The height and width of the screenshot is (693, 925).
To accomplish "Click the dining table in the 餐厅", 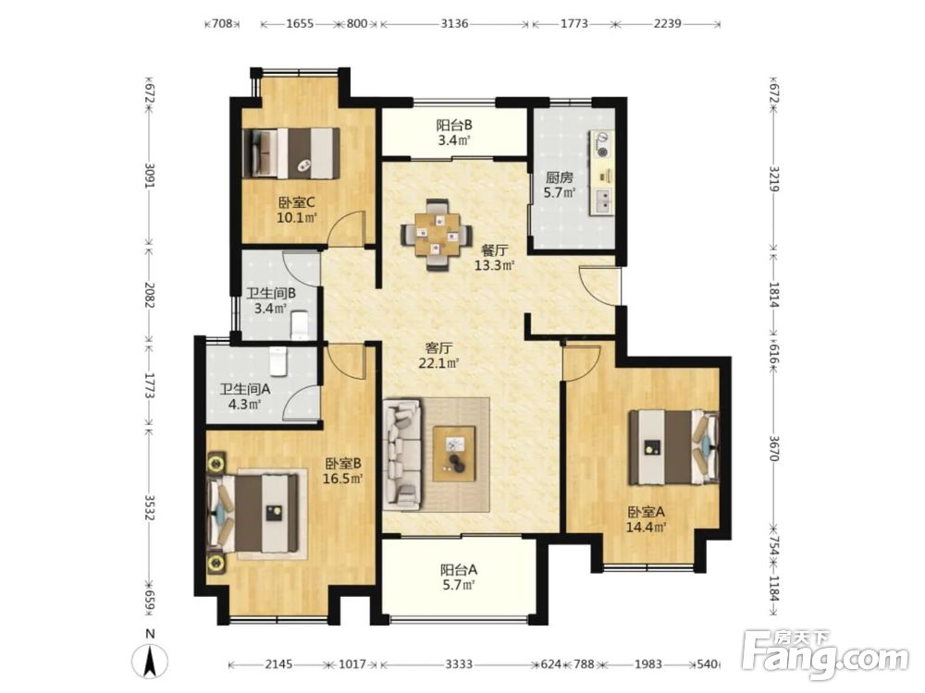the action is [x=438, y=235].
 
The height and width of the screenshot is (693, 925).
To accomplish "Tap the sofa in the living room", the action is [x=403, y=454].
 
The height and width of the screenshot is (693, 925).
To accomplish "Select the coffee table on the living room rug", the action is [x=453, y=453].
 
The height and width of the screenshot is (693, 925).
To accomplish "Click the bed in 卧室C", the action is [x=291, y=153].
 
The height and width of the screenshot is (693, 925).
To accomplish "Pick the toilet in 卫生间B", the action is [x=300, y=324].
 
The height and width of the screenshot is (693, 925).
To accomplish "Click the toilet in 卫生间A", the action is [x=277, y=360].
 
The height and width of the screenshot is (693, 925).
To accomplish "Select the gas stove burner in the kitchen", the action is [x=602, y=145].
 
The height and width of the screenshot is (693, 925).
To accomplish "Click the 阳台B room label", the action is [x=453, y=125].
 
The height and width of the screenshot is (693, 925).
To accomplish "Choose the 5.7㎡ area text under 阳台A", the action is [x=459, y=585].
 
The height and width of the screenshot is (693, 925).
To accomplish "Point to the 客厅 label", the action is [x=438, y=348].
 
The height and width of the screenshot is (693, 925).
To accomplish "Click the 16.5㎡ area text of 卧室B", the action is [x=342, y=478].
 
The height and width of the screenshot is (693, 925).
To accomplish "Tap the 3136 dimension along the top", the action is [x=454, y=24].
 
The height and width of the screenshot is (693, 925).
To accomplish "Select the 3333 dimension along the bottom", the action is [x=459, y=664].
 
